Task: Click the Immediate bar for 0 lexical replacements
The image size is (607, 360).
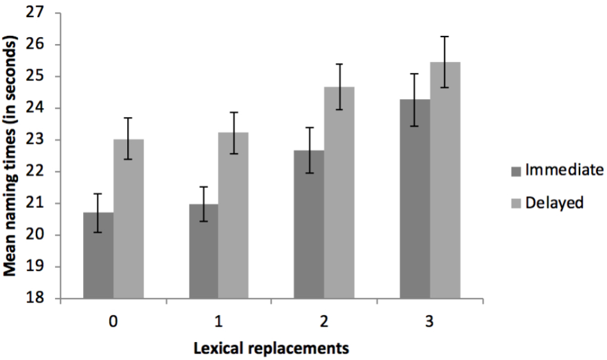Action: pos(98,256)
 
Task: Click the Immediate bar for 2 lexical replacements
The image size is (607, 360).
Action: pos(309,224)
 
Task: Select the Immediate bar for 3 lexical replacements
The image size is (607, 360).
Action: pos(415,199)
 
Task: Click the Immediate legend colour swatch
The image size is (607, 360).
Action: pos(517,171)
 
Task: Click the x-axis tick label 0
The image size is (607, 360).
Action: pos(113,321)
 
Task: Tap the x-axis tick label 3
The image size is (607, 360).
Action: pos(430,321)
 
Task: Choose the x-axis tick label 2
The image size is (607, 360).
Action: pos(325,321)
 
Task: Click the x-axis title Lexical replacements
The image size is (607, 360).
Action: pos(272,348)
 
